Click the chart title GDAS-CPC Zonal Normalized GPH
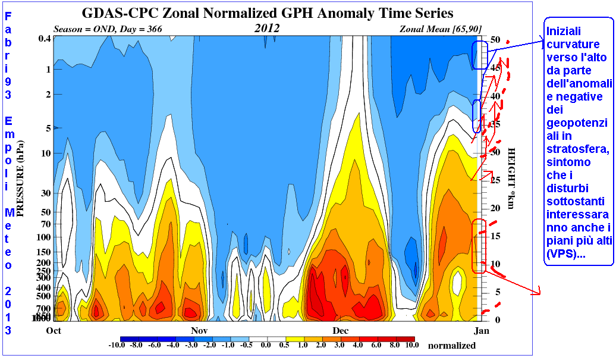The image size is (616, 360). click(267, 12)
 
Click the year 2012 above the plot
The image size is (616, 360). click(268, 28)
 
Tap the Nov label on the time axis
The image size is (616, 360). click(199, 330)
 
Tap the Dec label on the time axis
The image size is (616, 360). click(340, 330)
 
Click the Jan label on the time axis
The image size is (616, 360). click(482, 330)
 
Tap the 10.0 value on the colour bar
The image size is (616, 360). click(411, 345)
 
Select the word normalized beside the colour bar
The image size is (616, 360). click(452, 346)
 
